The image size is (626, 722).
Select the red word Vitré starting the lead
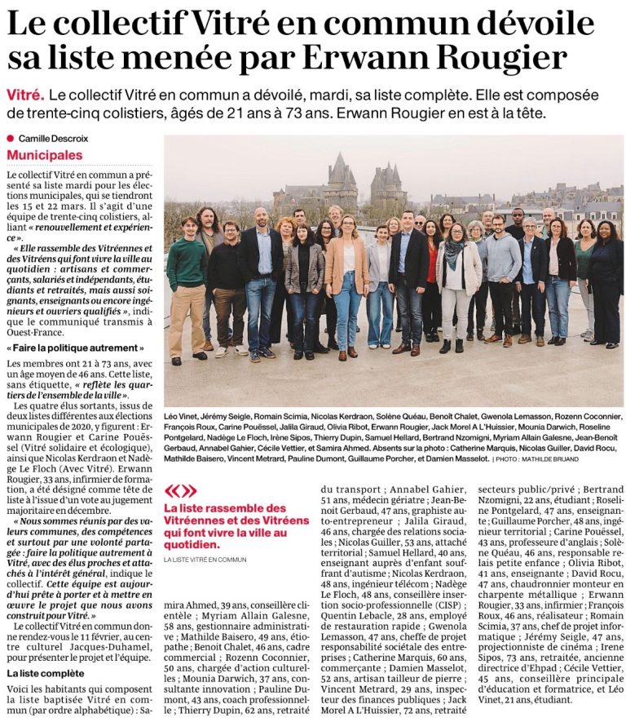tap(26, 94)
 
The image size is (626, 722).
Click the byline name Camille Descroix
tap(54, 139)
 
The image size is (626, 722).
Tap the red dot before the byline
tap(11, 139)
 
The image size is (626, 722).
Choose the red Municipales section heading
tap(45, 155)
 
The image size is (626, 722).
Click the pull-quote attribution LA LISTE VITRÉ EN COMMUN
tap(205, 560)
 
